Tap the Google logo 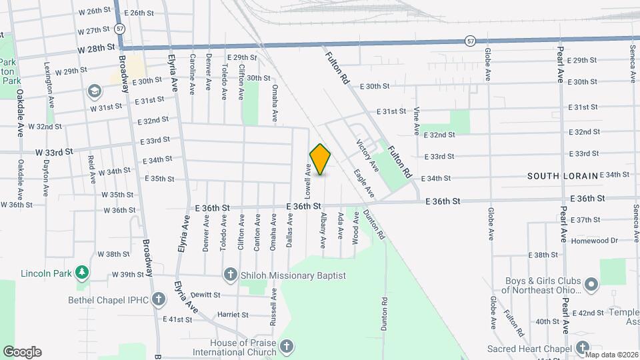(x=22, y=352)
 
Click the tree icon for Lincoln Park (x=81, y=272)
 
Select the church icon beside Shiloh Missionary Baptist (x=230, y=275)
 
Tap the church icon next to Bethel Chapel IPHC (x=158, y=299)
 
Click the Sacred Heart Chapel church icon (x=583, y=348)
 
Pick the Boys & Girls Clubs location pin (x=591, y=285)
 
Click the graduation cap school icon (x=95, y=91)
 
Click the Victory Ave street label (x=367, y=155)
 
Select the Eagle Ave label (x=364, y=183)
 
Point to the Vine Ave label (x=417, y=120)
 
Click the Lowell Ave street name (x=309, y=182)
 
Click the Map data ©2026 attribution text (x=611, y=354)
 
